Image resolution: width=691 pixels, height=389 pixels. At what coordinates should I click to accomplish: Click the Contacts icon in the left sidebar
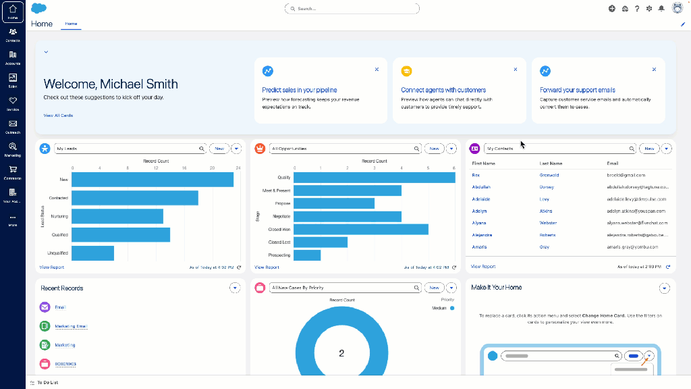pyautogui.click(x=13, y=33)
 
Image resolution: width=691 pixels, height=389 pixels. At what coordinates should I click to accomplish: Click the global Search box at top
pyautogui.click(x=352, y=9)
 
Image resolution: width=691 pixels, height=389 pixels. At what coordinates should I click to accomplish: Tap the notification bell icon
pyautogui.click(x=661, y=9)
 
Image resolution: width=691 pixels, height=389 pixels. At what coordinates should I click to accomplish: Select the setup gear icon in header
pyautogui.click(x=648, y=9)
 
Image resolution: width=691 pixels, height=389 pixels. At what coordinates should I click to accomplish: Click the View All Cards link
pyautogui.click(x=58, y=115)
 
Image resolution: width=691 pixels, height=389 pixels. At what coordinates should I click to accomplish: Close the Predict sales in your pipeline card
pyautogui.click(x=377, y=70)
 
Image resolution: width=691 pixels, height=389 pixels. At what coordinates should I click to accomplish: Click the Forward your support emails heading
pyautogui.click(x=577, y=90)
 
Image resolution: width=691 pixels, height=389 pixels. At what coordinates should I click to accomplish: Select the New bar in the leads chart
pyautogui.click(x=153, y=180)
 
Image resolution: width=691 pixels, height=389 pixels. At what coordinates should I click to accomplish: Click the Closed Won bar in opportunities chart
pyautogui.click(x=360, y=230)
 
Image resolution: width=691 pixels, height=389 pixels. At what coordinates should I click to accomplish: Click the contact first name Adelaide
pyautogui.click(x=481, y=199)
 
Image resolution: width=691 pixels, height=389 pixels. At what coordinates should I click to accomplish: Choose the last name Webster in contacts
pyautogui.click(x=548, y=223)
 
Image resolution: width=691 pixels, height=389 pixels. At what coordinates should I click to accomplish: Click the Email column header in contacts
pyautogui.click(x=612, y=163)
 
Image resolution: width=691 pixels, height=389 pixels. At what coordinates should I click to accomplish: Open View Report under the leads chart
pyautogui.click(x=51, y=267)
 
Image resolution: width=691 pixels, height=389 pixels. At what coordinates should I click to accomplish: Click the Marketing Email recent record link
pyautogui.click(x=71, y=326)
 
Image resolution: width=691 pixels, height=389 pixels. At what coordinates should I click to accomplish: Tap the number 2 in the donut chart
pyautogui.click(x=341, y=353)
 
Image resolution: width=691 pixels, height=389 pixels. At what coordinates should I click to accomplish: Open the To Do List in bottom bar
pyautogui.click(x=47, y=383)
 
